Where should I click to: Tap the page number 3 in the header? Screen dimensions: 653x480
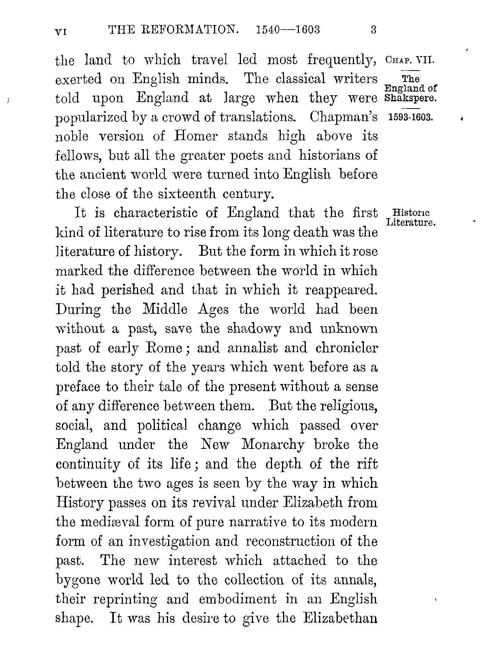(373, 30)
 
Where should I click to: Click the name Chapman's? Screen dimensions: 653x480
(343, 117)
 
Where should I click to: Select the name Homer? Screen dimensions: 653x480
(196, 136)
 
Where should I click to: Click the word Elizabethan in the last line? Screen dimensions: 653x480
(340, 618)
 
